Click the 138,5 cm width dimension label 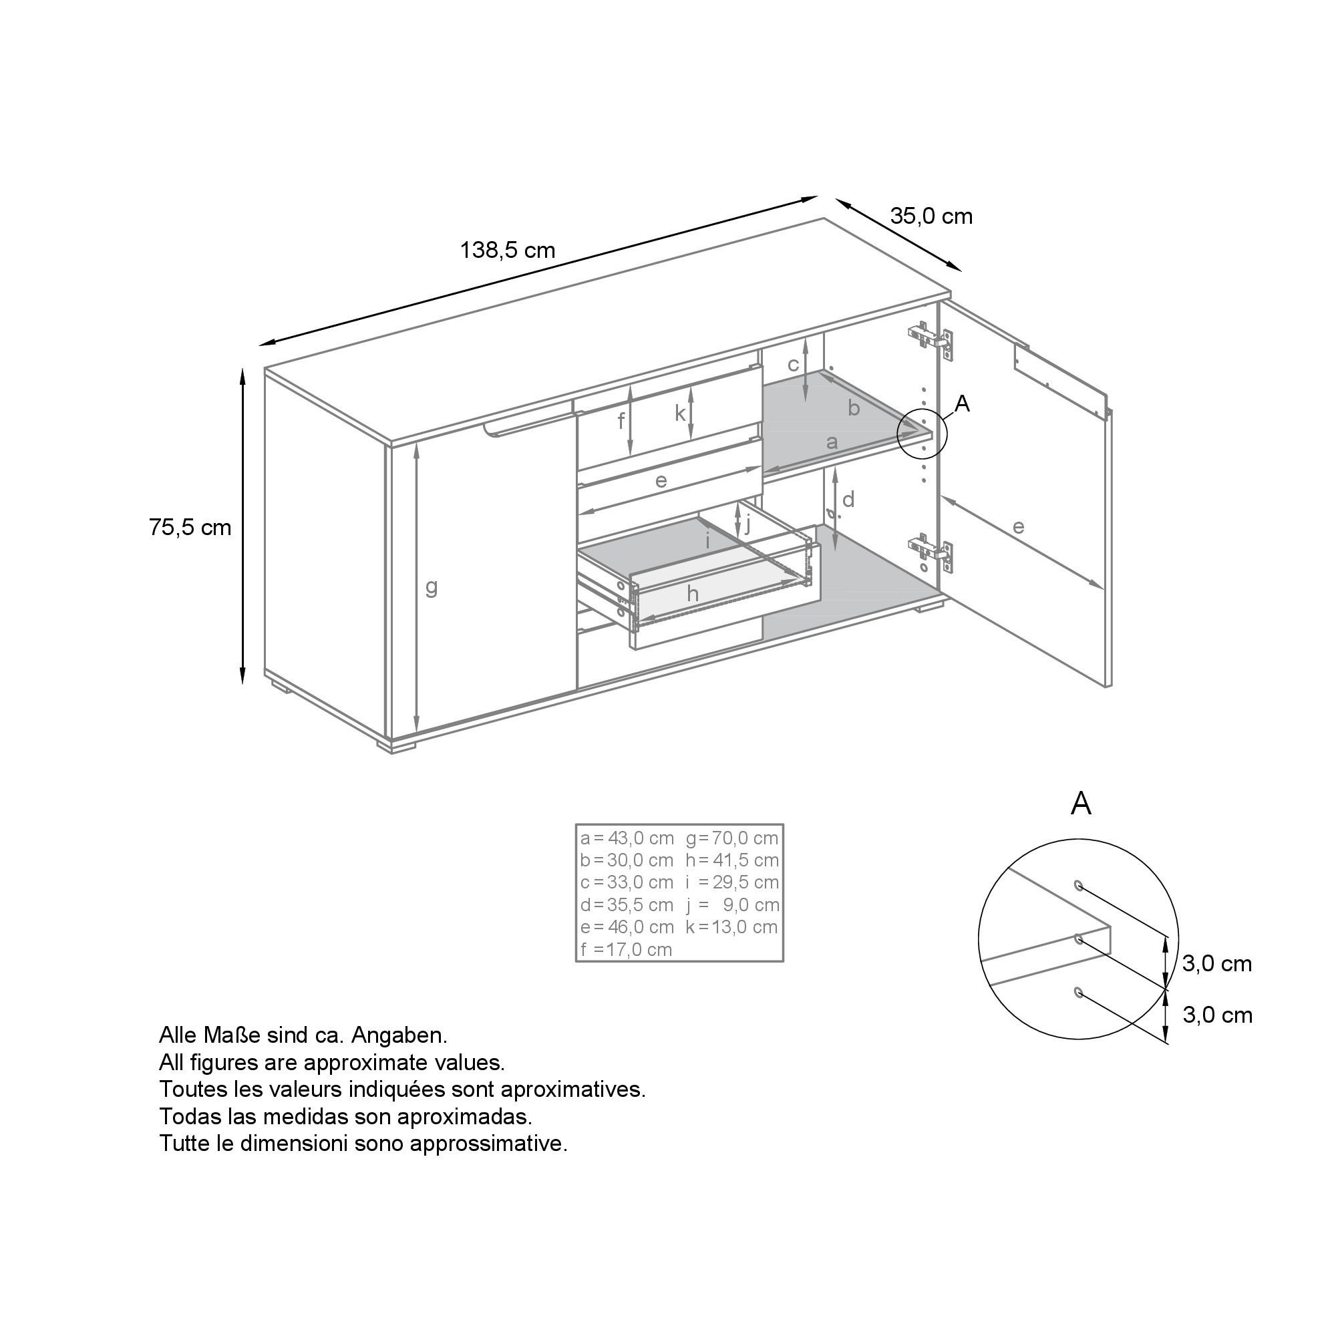pyautogui.click(x=508, y=250)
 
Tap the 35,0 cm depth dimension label pyautogui.click(x=931, y=216)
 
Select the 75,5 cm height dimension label pyautogui.click(x=190, y=528)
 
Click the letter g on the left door pyautogui.click(x=432, y=587)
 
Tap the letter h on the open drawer pyautogui.click(x=693, y=593)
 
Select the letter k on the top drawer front pyautogui.click(x=681, y=413)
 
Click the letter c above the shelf pyautogui.click(x=794, y=364)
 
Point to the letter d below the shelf pyautogui.click(x=848, y=498)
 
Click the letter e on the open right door pyautogui.click(x=1018, y=527)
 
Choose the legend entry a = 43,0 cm pyautogui.click(x=627, y=838)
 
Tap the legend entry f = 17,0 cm pyautogui.click(x=627, y=949)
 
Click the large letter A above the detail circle pyautogui.click(x=1081, y=804)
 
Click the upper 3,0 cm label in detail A pyautogui.click(x=1217, y=963)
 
